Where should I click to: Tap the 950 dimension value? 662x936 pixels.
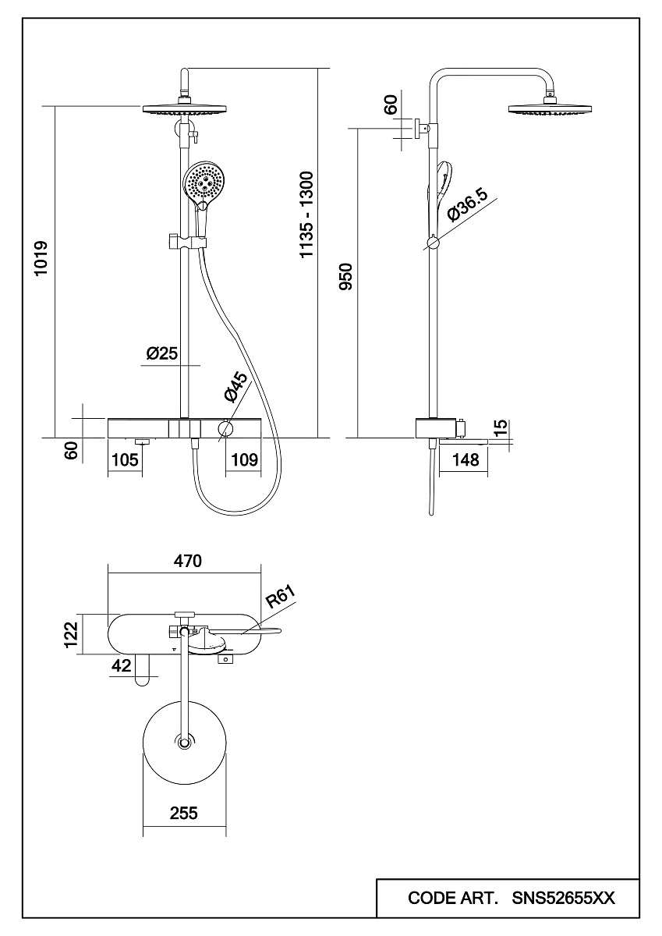pyautogui.click(x=346, y=277)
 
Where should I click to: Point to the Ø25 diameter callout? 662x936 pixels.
pyautogui.click(x=162, y=353)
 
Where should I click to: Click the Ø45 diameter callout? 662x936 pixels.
pyautogui.click(x=235, y=387)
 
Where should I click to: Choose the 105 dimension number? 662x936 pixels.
pyautogui.click(x=125, y=460)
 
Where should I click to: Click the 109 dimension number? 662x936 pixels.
pyautogui.click(x=244, y=460)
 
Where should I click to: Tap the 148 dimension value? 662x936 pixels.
pyautogui.click(x=466, y=460)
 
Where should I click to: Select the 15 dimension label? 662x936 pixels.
pyautogui.click(x=501, y=427)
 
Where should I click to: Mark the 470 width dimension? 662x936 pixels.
pyautogui.click(x=187, y=561)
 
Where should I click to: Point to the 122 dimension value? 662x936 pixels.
pyautogui.click(x=71, y=635)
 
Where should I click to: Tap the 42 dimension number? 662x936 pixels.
pyautogui.click(x=121, y=665)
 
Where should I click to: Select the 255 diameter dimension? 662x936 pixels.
pyautogui.click(x=184, y=813)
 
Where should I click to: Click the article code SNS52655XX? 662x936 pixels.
pyautogui.click(x=564, y=899)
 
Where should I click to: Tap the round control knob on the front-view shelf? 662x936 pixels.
pyautogui.click(x=226, y=428)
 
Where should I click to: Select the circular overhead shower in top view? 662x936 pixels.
pyautogui.click(x=184, y=741)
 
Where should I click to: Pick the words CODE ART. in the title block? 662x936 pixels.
pyautogui.click(x=452, y=899)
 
